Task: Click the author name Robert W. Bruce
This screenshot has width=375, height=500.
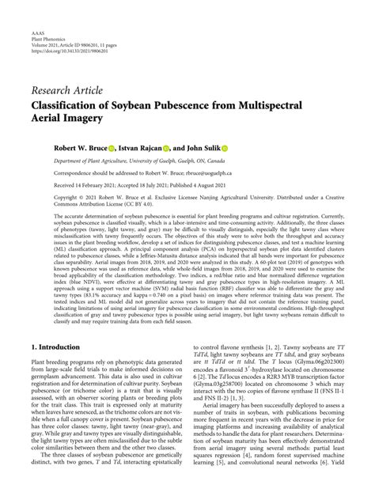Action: click(x=79, y=148)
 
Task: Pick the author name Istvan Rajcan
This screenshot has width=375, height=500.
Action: click(x=142, y=148)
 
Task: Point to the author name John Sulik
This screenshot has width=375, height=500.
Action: click(x=202, y=148)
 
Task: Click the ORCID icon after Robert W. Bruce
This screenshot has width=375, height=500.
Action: click(x=112, y=148)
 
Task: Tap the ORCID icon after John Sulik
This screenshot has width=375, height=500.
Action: click(x=225, y=148)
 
